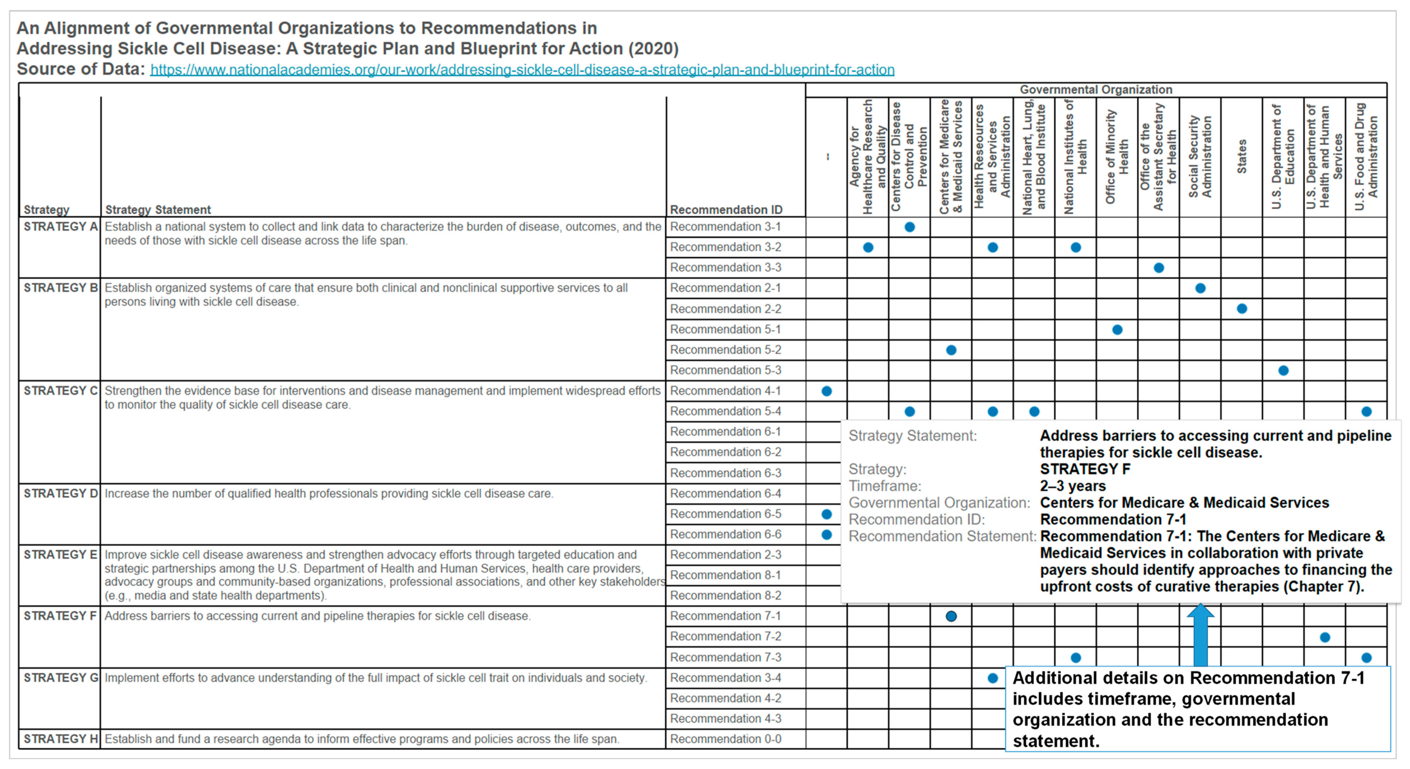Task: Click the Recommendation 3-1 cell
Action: point(725,227)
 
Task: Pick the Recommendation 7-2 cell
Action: point(725,637)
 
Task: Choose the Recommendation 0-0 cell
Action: point(725,739)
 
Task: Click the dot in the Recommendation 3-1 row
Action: point(910,227)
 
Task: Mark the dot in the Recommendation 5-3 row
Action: point(1283,371)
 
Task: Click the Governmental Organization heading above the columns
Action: point(1096,90)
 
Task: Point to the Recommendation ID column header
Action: point(726,210)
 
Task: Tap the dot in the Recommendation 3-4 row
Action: point(993,678)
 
